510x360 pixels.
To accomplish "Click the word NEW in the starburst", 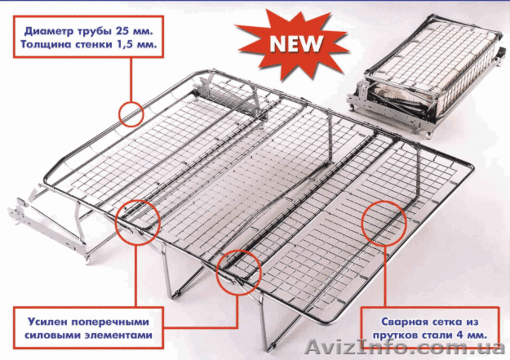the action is click(296, 43).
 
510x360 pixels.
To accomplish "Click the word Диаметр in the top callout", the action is click(49, 31).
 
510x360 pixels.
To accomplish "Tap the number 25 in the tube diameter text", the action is click(121, 31).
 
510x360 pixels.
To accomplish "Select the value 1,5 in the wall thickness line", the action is click(125, 44).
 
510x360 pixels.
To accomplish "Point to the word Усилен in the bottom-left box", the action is click(48, 322).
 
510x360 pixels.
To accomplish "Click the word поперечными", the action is click(110, 322).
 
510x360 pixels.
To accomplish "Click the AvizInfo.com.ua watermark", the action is click(405, 347).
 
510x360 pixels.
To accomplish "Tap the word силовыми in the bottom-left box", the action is click(53, 335).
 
